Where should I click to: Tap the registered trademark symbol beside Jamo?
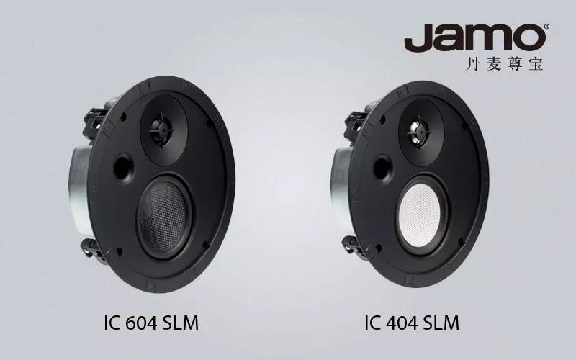[547, 27]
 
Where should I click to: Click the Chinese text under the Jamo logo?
[504, 63]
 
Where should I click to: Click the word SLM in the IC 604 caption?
[181, 323]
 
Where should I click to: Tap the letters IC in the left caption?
[112, 323]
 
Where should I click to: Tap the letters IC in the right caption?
[372, 323]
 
